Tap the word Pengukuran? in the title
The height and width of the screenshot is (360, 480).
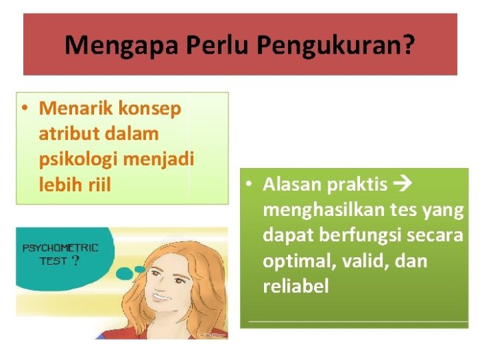336,45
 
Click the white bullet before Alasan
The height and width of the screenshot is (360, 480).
251,184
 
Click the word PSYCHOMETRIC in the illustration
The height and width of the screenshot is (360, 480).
60,248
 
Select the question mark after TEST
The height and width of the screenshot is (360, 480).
75,261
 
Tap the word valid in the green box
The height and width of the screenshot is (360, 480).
361,261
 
